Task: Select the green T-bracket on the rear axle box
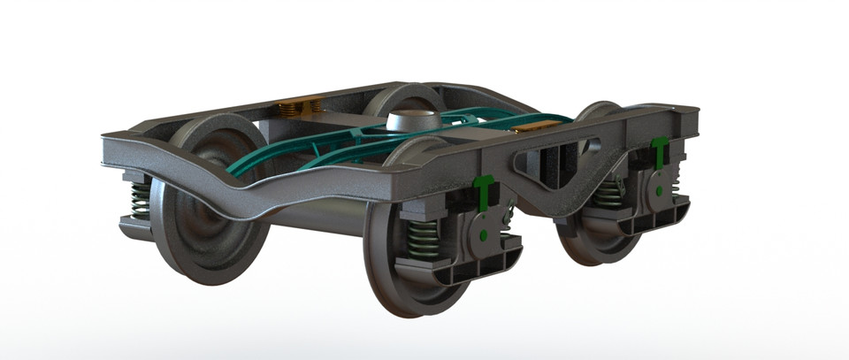659,151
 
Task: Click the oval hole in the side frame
595,141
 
